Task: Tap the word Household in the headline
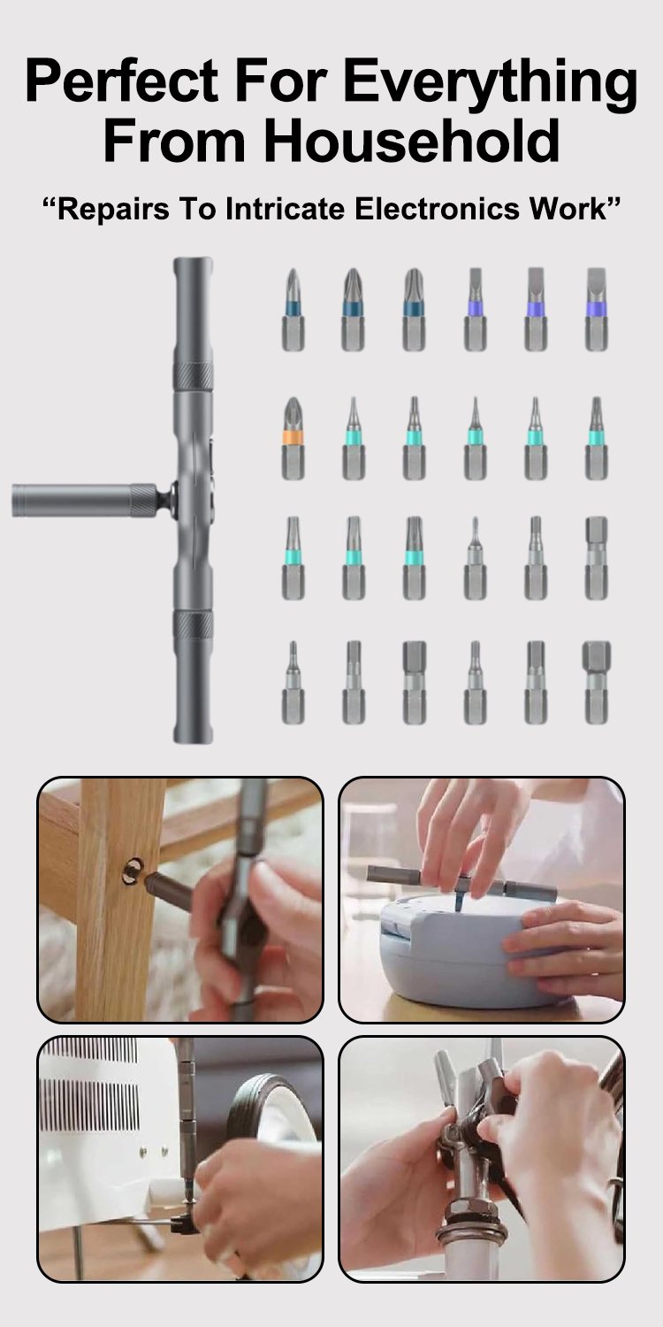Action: click(x=411, y=141)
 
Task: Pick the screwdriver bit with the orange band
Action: click(x=293, y=438)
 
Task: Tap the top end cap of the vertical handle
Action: click(x=193, y=264)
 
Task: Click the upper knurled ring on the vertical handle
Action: click(x=193, y=376)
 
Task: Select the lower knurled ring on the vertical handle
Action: click(x=193, y=625)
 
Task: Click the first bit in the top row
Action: click(x=293, y=310)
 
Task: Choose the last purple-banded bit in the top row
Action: click(x=597, y=310)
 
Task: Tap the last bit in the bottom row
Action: click(x=597, y=682)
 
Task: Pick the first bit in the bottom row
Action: click(x=293, y=682)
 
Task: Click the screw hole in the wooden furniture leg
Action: click(x=133, y=871)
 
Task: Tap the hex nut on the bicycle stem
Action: click(x=470, y=1208)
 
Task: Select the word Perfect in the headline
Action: click(x=121, y=81)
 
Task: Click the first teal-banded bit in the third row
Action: click(x=293, y=557)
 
